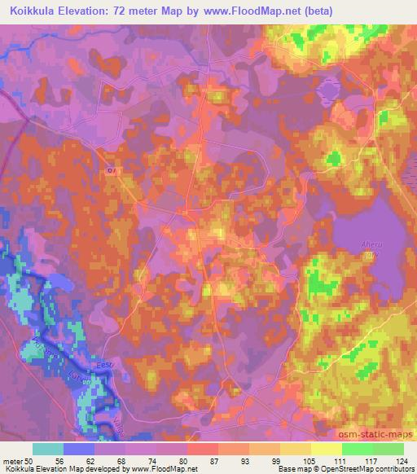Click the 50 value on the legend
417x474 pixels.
coord(33,460)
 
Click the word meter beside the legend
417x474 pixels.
coord(12,460)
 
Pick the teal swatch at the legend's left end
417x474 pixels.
coord(48,449)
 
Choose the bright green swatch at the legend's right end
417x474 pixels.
coord(388,449)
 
